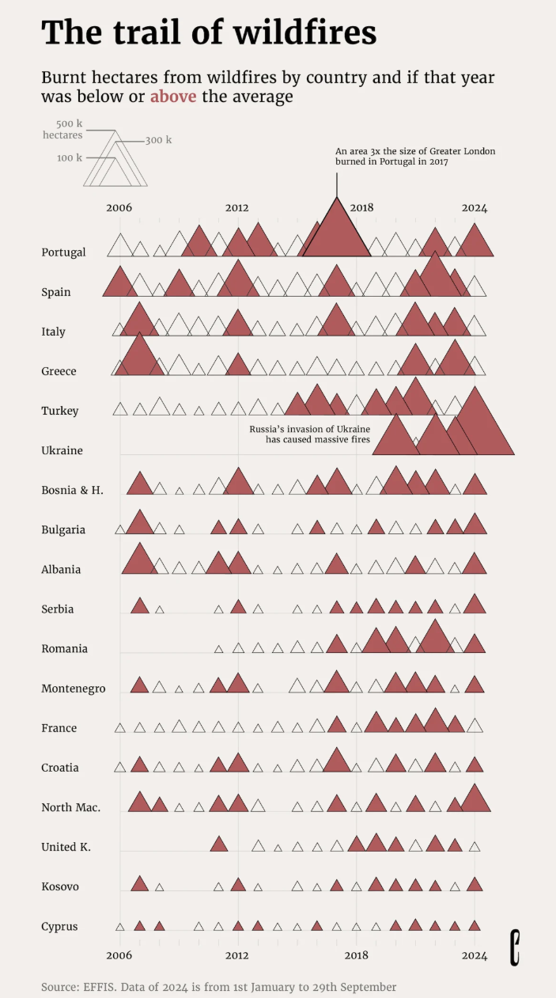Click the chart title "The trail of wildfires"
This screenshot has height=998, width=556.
(x=209, y=32)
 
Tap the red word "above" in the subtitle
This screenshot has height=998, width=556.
(x=173, y=97)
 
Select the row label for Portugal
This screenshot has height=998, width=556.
(x=63, y=252)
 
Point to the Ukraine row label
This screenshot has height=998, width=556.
(x=62, y=450)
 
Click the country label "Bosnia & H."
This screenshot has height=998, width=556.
(x=72, y=490)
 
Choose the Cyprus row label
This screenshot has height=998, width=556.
(x=59, y=926)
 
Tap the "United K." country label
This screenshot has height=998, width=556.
(x=66, y=847)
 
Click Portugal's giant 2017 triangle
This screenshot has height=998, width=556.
(x=337, y=233)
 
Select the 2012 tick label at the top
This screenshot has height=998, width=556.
(x=236, y=208)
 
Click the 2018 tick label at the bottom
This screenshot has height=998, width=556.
(x=357, y=954)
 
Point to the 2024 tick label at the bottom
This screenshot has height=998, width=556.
(x=475, y=954)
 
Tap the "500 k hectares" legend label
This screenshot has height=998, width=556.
(x=62, y=129)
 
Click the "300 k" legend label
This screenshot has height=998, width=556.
(x=158, y=140)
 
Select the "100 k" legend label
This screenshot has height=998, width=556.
(x=69, y=157)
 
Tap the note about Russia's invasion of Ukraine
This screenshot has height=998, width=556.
(x=310, y=434)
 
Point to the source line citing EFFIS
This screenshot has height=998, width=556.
(x=219, y=987)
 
